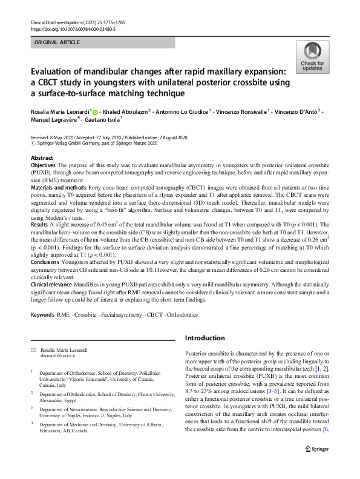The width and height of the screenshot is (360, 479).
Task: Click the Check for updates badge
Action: pyautogui.click(x=312, y=57)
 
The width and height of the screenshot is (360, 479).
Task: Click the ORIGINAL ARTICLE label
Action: pyautogui.click(x=59, y=43)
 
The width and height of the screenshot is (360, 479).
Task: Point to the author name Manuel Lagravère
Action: pyautogui.click(x=54, y=121)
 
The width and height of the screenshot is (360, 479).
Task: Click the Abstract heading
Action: pyautogui.click(x=42, y=157)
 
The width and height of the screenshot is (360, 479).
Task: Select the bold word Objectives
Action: pyautogui.click(x=44, y=165)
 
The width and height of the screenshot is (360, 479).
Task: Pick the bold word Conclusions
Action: pyautogui.click(x=45, y=263)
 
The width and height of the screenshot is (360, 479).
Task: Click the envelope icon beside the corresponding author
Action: pyautogui.click(x=33, y=351)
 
